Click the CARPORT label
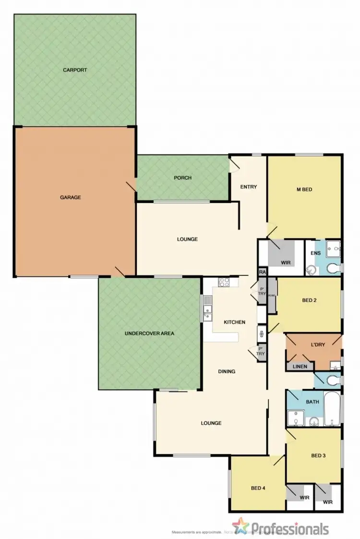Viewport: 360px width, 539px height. coord(75,70)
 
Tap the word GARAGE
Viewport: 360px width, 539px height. coord(71,197)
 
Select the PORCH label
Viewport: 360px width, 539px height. coord(182,178)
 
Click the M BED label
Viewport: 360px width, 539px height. coord(304,189)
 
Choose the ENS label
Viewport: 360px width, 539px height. coord(315,253)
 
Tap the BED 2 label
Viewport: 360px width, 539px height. coord(310,300)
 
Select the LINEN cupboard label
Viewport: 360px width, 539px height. coord(300,367)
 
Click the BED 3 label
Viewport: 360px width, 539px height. coord(319,455)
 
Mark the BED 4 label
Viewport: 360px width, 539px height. coord(258,488)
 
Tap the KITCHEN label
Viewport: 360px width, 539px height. coord(235,322)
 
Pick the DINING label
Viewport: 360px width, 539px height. coord(227,371)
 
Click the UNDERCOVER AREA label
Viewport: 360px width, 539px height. coord(149,333)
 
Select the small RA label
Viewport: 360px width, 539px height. coord(262,272)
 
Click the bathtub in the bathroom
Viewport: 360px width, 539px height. coord(332,409)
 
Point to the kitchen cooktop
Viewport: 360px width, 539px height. coord(225,282)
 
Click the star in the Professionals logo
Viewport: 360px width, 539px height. coord(240,526)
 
